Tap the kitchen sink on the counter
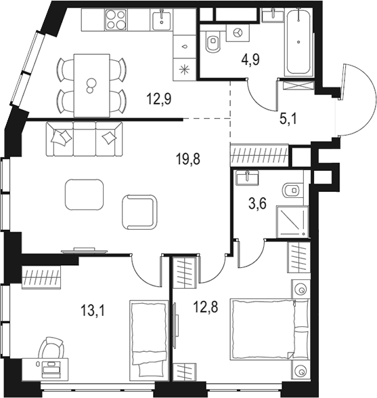click(162, 20)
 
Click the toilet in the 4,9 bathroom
click(213, 43)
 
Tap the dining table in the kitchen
click(91, 85)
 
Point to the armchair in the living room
click(139, 212)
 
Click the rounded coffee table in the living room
click(85, 195)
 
